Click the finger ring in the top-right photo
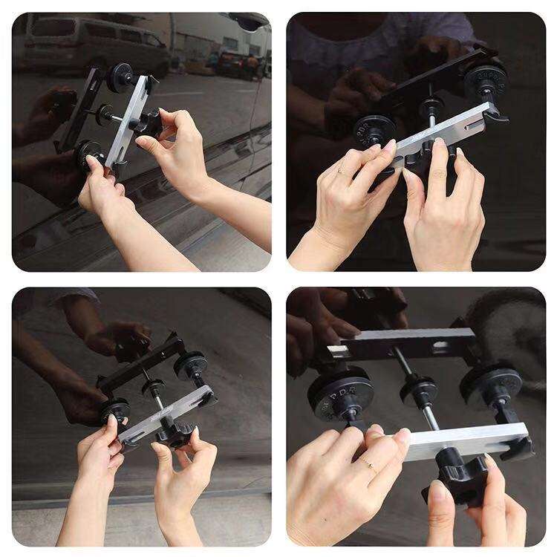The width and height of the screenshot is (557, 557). click(340, 172)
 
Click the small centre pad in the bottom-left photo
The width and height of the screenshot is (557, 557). click(154, 388)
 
